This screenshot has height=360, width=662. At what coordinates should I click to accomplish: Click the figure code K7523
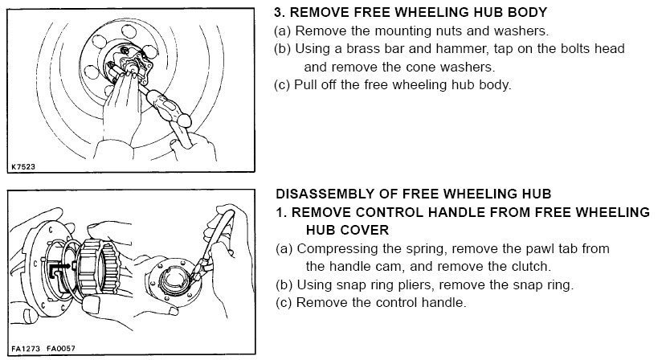[x=23, y=166]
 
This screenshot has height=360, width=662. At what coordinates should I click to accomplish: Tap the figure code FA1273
[x=26, y=349]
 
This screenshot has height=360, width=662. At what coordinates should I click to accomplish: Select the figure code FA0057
[x=61, y=349]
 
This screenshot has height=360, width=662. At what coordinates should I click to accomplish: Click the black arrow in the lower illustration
[x=59, y=266]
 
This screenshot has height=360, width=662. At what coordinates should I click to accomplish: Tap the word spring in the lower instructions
[x=423, y=249]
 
